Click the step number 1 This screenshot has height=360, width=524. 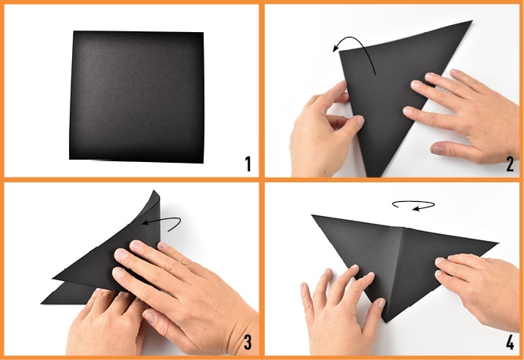coord(248,164)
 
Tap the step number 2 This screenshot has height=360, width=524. coord(510,164)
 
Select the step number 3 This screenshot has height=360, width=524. coord(248,342)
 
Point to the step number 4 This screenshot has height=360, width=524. coord(510,342)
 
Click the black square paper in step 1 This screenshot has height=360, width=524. coord(136,97)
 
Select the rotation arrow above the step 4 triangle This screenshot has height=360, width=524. coord(414,205)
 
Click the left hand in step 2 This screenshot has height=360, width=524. coord(326,130)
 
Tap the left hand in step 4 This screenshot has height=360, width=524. coord(341,311)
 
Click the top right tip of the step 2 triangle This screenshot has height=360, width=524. coord(472,21)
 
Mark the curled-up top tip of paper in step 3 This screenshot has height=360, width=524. coord(154,192)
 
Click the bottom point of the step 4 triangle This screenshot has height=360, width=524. coord(386,322)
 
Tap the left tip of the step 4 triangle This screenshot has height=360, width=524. coord(312,215)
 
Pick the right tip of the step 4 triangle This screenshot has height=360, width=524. coord(498,243)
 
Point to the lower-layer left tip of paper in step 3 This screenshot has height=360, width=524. coord(42,303)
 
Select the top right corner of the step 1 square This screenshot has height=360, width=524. coord(203,33)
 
